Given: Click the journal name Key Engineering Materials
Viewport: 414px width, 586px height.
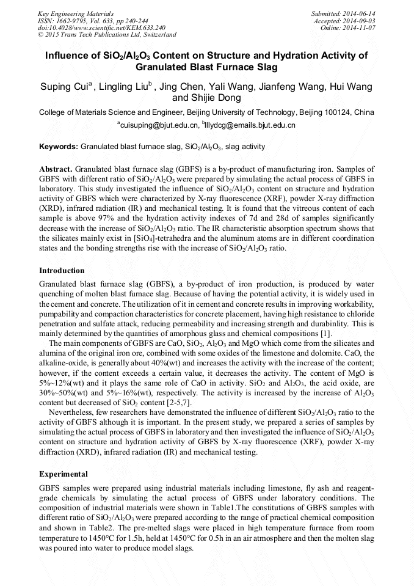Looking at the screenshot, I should [x=76, y=13].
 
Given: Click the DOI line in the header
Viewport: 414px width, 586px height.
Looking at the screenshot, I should [x=101, y=27].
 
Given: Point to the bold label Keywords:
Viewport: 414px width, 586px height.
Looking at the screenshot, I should [x=59, y=147].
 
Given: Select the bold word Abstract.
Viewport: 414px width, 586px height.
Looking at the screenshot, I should [x=56, y=168].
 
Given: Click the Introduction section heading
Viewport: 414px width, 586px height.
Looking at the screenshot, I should [x=62, y=270].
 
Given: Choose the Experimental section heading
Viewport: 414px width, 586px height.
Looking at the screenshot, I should [x=64, y=474].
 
